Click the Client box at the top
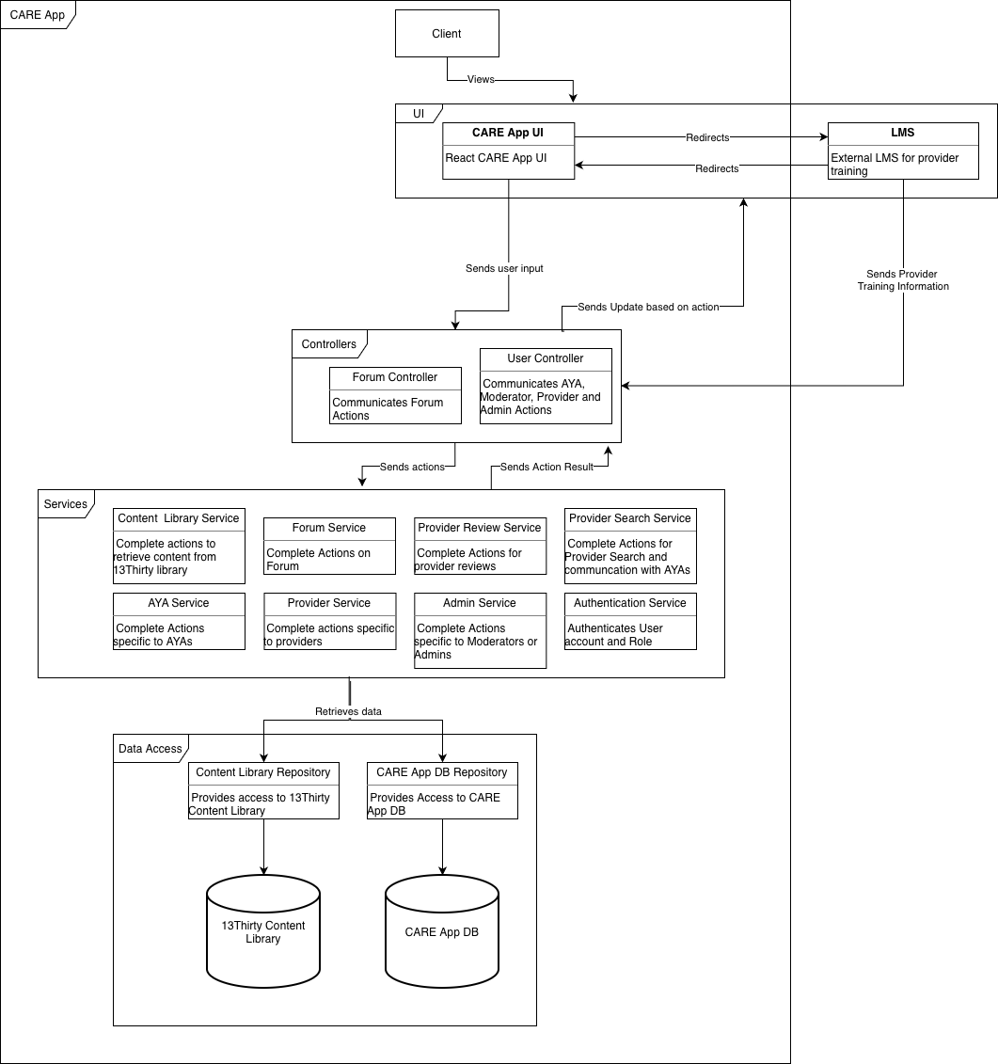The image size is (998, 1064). coord(446,34)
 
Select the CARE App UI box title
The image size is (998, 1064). coord(508,134)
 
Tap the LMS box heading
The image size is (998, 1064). coord(903,134)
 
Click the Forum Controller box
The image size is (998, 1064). coord(395,395)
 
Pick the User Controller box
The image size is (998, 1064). coord(546,386)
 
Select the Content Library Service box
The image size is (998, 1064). coord(179,546)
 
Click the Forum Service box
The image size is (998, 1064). coord(329,546)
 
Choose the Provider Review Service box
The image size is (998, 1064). coord(480,546)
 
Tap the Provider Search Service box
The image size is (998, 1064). coord(630,546)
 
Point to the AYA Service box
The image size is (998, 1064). coord(179,621)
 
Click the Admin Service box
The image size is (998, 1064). coord(480,630)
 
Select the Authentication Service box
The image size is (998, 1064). coord(630,621)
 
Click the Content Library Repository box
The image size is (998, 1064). coord(263,790)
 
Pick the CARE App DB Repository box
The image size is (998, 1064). coord(442,790)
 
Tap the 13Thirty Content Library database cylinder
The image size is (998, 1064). coord(263,931)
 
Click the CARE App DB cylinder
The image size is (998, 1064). coord(442,931)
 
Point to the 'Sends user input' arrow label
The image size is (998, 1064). coord(504,269)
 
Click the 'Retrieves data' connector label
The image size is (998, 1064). coord(348,712)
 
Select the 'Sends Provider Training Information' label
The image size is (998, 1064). coord(903,280)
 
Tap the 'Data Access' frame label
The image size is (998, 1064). coord(150,749)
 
